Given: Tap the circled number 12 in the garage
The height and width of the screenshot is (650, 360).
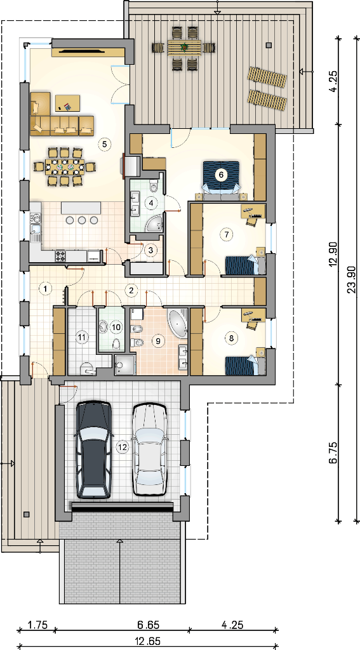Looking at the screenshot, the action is pyautogui.click(x=122, y=447).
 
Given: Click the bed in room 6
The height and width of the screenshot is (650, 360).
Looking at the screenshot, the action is pyautogui.click(x=221, y=178).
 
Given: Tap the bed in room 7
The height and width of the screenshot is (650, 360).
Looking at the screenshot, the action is pyautogui.click(x=244, y=265).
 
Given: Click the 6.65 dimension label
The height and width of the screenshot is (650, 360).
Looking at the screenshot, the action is pyautogui.click(x=149, y=625).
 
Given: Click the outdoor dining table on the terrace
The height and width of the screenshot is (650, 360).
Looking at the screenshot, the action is pyautogui.click(x=185, y=47).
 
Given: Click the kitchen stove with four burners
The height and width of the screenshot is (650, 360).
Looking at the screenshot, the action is pyautogui.click(x=60, y=255).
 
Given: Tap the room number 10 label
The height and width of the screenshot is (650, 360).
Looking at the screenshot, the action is pyautogui.click(x=117, y=327).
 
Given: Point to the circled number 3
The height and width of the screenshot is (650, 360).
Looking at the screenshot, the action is pyautogui.click(x=150, y=250).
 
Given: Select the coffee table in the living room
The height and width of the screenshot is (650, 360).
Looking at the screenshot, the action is pyautogui.click(x=67, y=103).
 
